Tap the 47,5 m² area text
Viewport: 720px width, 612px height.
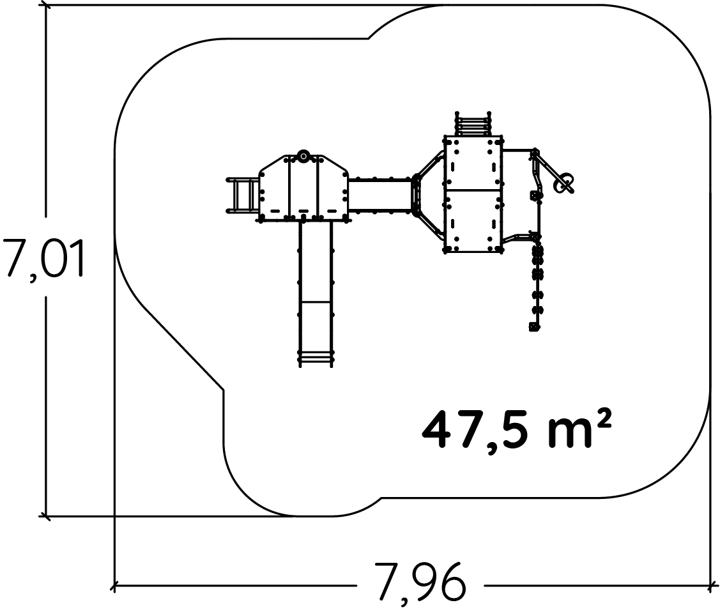click(516, 430)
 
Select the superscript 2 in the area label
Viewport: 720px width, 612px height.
click(604, 417)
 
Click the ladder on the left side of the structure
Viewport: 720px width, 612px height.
click(243, 195)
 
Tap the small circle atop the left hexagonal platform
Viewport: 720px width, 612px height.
click(303, 156)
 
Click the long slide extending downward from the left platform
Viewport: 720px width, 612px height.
click(316, 293)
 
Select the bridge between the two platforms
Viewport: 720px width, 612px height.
click(379, 195)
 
